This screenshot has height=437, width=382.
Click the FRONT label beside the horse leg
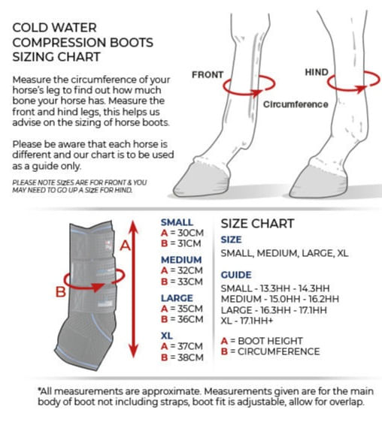pos(208,74)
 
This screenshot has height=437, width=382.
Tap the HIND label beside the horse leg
pos(317,72)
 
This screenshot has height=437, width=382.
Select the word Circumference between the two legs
pos(296,104)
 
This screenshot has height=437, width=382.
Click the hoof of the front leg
pos(202,179)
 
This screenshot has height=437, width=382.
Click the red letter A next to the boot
pos(126,246)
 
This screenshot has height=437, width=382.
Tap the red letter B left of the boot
pos(61,292)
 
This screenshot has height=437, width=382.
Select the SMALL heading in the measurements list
pos(177,222)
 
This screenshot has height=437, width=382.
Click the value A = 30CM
pos(182,233)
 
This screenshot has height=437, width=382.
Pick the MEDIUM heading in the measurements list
pos(181,260)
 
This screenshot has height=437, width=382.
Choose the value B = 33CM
pos(182,282)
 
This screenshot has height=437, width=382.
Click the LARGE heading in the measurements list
pos(177,298)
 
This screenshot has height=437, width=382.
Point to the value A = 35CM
pos(182,309)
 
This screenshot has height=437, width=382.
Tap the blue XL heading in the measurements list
pos(167,336)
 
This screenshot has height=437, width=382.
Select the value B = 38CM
pos(182,357)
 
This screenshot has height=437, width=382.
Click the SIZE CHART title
pos(258,224)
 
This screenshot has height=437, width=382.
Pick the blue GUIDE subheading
pos(236,275)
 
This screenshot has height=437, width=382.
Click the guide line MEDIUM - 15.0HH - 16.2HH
pos(280,299)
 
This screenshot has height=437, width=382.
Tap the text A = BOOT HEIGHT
pos(262,341)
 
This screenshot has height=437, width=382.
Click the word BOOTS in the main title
pos(132,42)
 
